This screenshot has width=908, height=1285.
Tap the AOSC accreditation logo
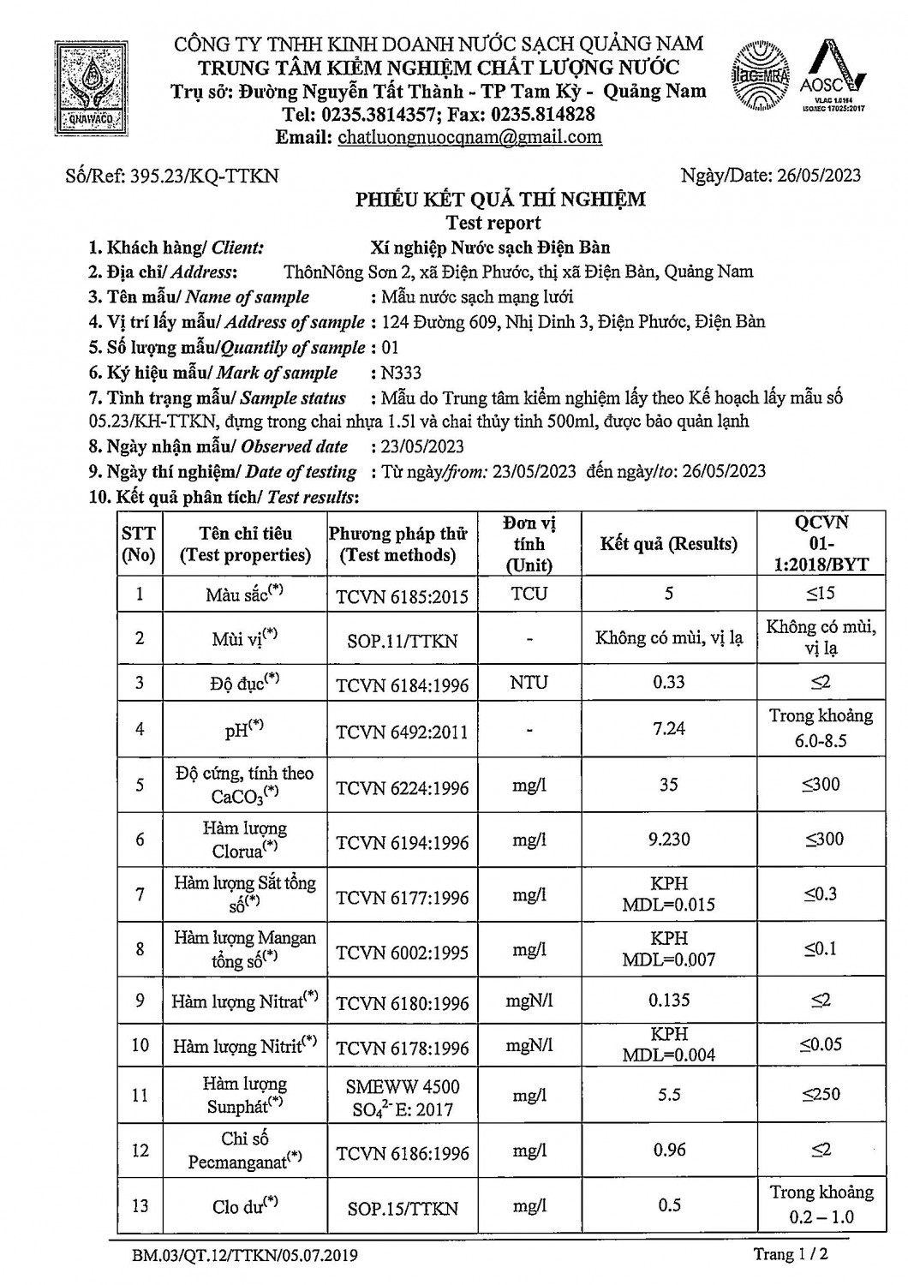pos(832,79)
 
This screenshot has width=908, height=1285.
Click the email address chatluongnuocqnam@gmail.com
pos(469,137)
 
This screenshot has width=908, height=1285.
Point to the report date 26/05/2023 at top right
pos(819,176)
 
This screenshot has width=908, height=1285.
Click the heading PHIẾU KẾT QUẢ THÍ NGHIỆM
pos(501,200)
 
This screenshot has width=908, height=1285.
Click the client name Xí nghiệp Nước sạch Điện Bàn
pos(491,248)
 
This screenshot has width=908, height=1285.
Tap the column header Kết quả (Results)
pos(669,544)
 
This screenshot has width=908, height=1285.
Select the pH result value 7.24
pos(669,728)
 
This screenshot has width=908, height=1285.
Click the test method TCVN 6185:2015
pos(402,595)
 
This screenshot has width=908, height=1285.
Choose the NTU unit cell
pos(529,683)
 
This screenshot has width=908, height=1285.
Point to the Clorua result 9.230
pos(669,840)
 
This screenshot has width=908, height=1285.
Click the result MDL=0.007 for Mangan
pos(669,959)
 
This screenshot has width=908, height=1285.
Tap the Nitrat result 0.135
pos(669,1000)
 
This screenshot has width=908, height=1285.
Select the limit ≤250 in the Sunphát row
pos(821,1094)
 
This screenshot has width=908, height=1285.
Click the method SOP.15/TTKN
pos(402,1209)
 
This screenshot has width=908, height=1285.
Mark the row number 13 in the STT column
pos(140,1205)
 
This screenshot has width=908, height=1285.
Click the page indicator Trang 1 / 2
pos(791,1255)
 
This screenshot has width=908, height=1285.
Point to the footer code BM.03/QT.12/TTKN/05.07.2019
pos(245,1256)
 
